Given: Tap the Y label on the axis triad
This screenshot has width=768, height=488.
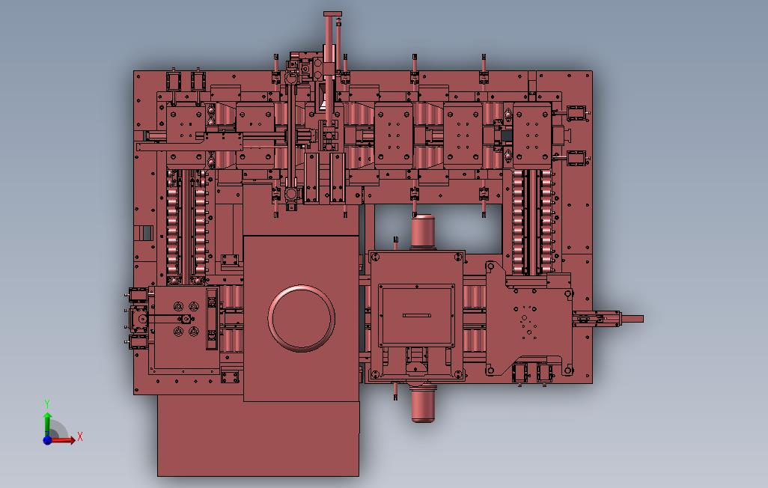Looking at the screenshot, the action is tap(47, 403).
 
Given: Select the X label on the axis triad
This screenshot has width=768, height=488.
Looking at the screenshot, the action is tap(80, 436).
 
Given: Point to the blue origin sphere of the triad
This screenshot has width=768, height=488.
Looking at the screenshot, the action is tap(47, 440).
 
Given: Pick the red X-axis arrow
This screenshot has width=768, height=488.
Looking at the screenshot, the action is tap(64, 440).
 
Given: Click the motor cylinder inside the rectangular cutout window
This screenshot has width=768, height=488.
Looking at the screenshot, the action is tap(424, 231).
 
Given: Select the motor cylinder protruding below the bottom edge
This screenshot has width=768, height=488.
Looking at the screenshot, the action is tap(423, 405).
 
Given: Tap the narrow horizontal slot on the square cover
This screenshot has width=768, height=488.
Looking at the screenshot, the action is tap(417, 315).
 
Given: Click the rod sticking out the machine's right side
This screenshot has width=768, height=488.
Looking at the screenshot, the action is tap(632, 319).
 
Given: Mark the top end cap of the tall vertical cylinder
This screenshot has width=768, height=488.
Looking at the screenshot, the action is tap(332, 14).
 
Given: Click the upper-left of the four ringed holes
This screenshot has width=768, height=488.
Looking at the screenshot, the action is tap(178, 307).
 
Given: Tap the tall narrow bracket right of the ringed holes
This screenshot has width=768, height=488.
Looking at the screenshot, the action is tap(212, 318).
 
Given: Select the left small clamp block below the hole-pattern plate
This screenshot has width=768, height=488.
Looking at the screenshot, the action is tap(520, 372).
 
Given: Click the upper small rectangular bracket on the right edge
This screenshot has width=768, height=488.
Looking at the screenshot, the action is tap(577, 112).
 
